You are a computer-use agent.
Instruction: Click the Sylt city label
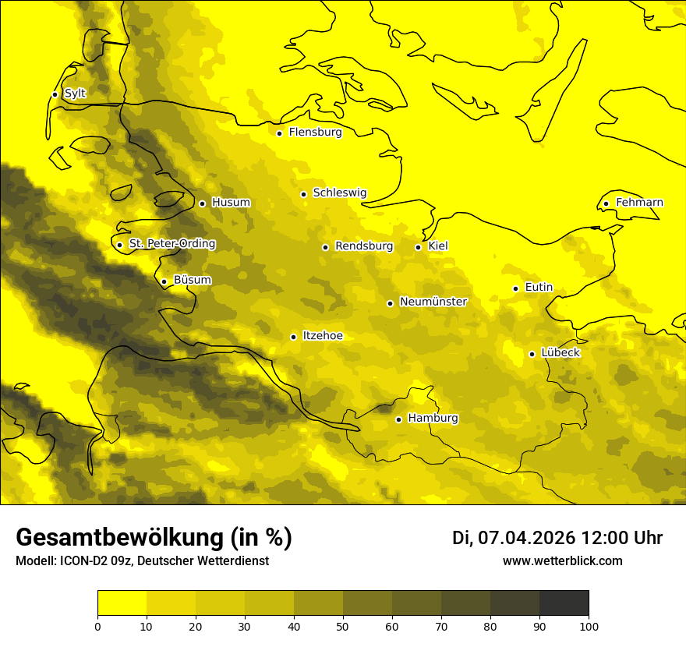coord(75,94)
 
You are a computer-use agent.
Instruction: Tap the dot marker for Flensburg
coord(279,133)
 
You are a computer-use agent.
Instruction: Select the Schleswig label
coord(339,193)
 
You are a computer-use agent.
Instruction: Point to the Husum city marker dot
coord(202,203)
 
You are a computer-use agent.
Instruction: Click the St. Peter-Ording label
coord(171,244)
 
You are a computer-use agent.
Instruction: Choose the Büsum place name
coord(192,281)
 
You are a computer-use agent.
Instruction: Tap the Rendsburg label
coord(363,246)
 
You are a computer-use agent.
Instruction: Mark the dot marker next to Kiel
coord(418,247)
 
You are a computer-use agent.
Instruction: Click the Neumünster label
coord(433,302)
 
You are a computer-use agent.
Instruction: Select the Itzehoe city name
coord(322,336)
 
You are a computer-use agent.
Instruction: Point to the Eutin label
coord(539,288)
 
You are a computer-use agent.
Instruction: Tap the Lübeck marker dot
coord(532,354)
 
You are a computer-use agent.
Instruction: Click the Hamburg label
coord(433,419)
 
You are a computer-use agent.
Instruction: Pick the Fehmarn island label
coord(639,203)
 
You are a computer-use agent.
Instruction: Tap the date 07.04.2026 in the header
coord(525,538)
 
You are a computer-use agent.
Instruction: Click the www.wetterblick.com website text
coord(562,560)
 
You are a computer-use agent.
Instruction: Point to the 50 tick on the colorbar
coord(343,626)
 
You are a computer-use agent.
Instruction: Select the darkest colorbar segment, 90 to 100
coord(564,603)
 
